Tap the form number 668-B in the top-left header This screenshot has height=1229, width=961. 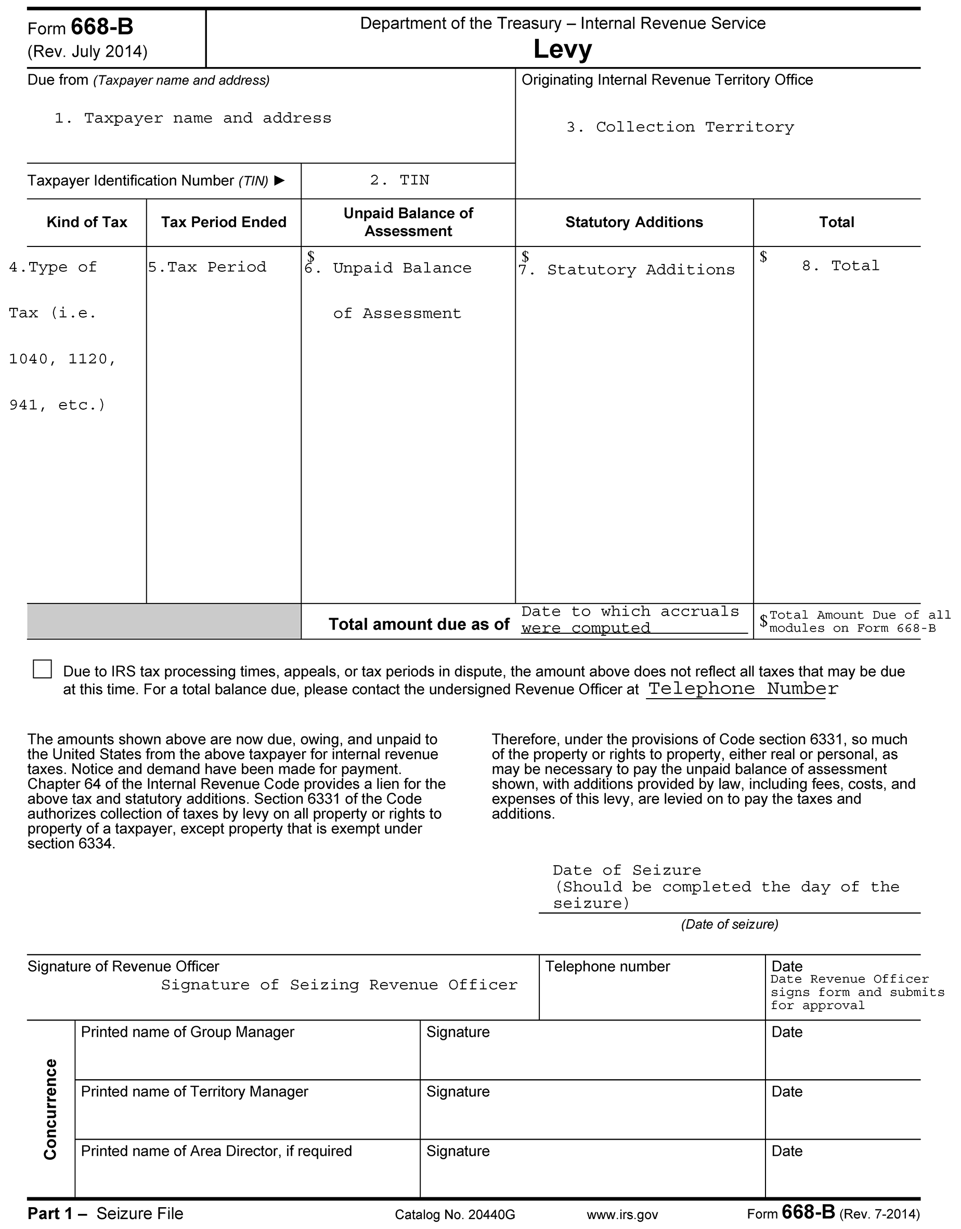102,27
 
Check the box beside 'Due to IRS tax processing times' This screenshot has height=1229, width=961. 42,669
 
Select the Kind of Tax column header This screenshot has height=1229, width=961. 87,223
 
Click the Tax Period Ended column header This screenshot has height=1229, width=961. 224,223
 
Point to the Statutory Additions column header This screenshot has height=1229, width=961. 634,223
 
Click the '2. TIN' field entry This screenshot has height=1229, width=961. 400,180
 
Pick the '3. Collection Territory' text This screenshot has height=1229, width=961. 680,127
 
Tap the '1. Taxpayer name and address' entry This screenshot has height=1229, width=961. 192,118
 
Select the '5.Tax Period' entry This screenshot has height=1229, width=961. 207,267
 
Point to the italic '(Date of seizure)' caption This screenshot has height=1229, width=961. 730,924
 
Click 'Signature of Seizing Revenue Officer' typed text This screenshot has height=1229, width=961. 339,985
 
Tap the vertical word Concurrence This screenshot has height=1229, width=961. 50,1109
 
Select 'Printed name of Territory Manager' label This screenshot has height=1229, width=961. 195,1092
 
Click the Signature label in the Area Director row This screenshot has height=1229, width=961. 458,1152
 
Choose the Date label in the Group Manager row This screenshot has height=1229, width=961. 787,1032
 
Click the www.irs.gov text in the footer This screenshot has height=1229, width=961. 622,1214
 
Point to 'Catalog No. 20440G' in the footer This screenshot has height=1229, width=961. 455,1214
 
